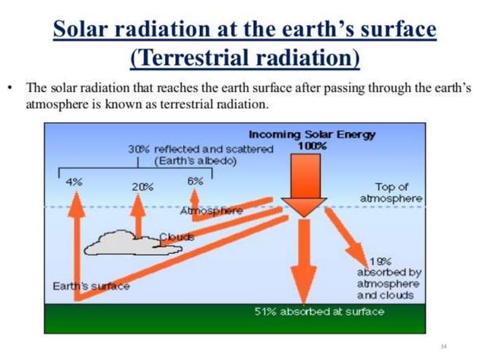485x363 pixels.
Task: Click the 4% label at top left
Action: (x=74, y=181)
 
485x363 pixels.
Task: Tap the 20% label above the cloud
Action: (x=142, y=186)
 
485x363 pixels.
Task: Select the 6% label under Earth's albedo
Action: (x=195, y=181)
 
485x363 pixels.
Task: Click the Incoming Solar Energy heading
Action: (x=312, y=134)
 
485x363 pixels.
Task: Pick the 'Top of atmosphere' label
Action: (x=391, y=192)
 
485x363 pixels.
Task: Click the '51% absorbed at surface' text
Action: (x=309, y=312)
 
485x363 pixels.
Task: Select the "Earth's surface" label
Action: (x=90, y=286)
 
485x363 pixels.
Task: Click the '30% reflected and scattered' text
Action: (x=201, y=149)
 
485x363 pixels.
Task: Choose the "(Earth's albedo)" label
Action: (x=195, y=160)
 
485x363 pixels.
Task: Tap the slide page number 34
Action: (x=444, y=346)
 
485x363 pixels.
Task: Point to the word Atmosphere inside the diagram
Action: (x=212, y=210)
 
